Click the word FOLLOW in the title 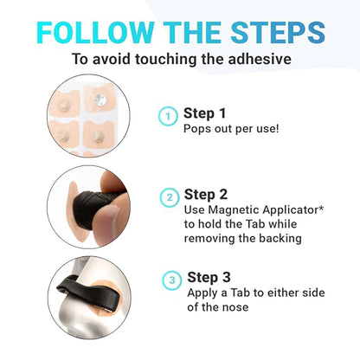click(95, 32)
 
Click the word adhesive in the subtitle click(260, 59)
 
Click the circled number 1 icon click(168, 116)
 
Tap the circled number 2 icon click(170, 197)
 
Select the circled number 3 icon click(172, 280)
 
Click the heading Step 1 click(204, 113)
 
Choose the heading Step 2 click(206, 195)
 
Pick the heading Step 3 click(209, 278)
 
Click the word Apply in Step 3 click(202, 293)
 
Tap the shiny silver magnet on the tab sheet click(100, 100)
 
